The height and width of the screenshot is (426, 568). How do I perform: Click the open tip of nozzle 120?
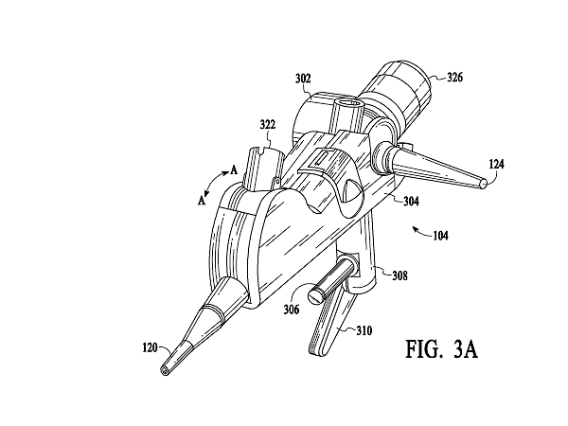[166, 365]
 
